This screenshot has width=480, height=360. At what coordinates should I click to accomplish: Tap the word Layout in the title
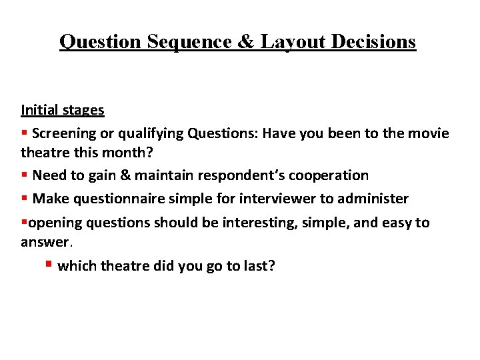pyautogui.click(x=292, y=41)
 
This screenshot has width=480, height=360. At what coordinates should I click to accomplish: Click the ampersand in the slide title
pyautogui.click(x=245, y=41)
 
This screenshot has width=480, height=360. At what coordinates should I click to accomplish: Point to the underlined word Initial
pyautogui.click(x=39, y=109)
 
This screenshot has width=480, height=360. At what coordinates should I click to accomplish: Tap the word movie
pyautogui.click(x=427, y=133)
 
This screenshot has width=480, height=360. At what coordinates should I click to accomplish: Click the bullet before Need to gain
pyautogui.click(x=24, y=175)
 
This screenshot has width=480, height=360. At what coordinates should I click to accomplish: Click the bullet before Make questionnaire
pyautogui.click(x=24, y=199)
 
